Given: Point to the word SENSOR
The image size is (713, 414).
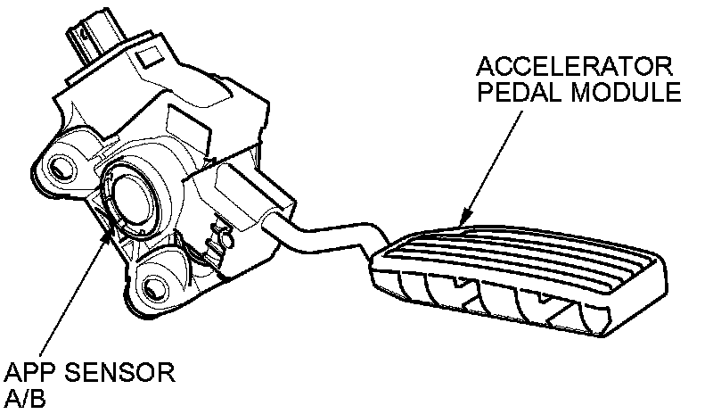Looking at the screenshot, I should coord(117,371).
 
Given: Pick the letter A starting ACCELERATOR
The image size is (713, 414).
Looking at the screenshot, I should coord(486,67).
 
